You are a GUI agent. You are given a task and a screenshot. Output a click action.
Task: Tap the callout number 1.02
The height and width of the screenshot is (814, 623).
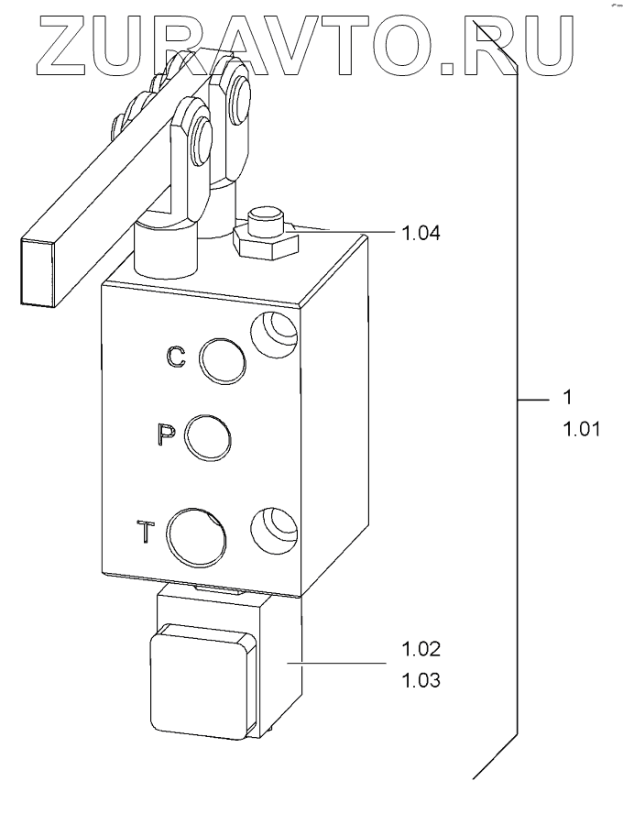(x=421, y=650)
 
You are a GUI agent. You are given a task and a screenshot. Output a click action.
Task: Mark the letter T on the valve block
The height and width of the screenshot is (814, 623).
(x=146, y=532)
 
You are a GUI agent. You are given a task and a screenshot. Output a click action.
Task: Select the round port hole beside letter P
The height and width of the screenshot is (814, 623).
(x=208, y=436)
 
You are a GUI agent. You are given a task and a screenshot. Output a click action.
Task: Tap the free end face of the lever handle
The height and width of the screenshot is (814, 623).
(x=38, y=271)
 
